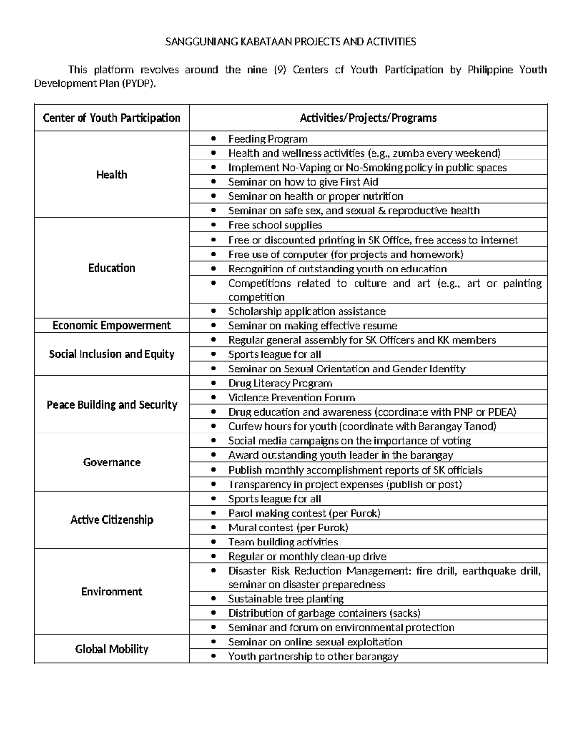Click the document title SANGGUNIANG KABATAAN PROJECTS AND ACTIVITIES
click(x=291, y=42)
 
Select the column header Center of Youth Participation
click(x=112, y=118)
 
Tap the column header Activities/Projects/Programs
click(x=368, y=118)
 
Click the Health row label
click(x=112, y=175)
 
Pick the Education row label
click(x=112, y=268)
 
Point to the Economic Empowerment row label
click(x=112, y=325)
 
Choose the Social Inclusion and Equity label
click(x=112, y=354)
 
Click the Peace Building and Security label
click(x=112, y=404)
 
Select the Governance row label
click(x=112, y=462)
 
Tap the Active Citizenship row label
click(x=112, y=520)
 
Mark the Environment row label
click(x=112, y=592)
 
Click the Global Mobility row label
click(x=112, y=649)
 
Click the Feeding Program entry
click(x=268, y=139)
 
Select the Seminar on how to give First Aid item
click(x=303, y=182)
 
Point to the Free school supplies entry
click(x=275, y=225)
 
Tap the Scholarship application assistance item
click(x=307, y=311)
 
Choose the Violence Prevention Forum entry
click(x=291, y=398)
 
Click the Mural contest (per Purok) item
click(x=288, y=528)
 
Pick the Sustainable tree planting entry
click(x=286, y=599)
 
